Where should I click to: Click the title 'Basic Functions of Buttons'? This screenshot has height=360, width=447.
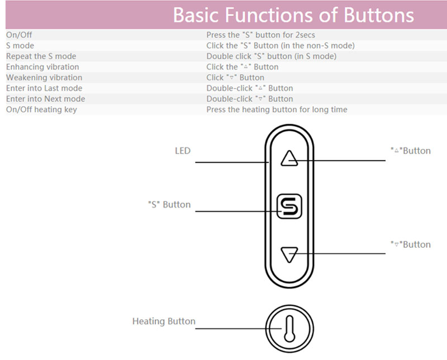tap(293, 15)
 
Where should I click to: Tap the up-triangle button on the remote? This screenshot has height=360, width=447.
tap(289, 159)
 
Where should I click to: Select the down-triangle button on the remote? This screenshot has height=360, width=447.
tap(289, 255)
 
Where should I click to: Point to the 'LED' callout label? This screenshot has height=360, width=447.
tap(183, 151)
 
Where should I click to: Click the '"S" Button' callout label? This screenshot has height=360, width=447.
tap(169, 204)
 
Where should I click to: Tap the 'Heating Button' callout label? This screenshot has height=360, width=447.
tap(164, 321)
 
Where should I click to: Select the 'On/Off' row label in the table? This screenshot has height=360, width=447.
tap(19, 35)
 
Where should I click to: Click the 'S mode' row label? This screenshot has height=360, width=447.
tap(20, 45)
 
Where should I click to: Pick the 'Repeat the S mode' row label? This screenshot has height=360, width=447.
tap(41, 56)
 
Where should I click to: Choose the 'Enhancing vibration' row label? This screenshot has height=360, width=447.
tap(42, 66)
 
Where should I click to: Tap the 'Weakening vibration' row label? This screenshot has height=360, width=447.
tap(44, 77)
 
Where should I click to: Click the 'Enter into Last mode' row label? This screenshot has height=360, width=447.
tap(44, 88)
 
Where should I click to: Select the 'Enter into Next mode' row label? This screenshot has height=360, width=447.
tap(45, 98)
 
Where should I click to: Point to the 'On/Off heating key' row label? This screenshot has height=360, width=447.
tap(41, 109)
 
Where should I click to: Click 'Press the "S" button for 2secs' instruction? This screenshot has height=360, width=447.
tap(261, 35)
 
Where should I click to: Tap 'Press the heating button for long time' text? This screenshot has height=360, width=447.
tap(277, 109)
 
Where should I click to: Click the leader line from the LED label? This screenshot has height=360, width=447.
tap(229, 162)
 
